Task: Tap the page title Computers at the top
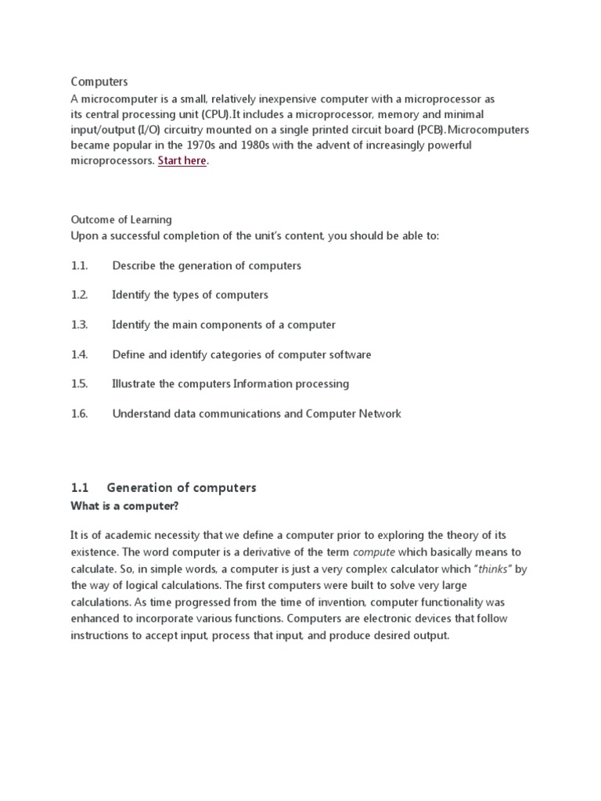click(x=99, y=81)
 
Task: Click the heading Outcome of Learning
click(x=121, y=220)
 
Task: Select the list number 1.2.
click(x=79, y=295)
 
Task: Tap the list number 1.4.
click(x=79, y=354)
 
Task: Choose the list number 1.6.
click(x=79, y=414)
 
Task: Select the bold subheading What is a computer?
click(x=125, y=506)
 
